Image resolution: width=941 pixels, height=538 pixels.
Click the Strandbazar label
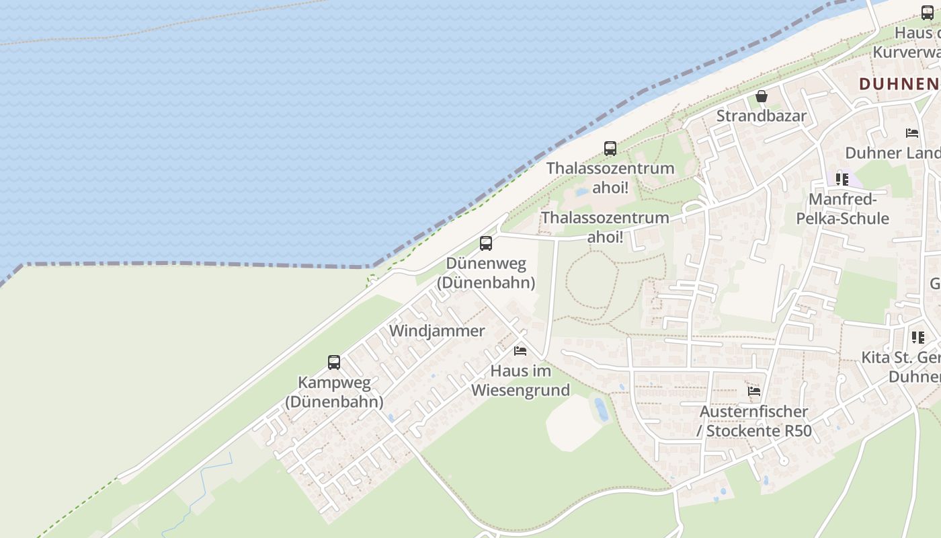pos(761,116)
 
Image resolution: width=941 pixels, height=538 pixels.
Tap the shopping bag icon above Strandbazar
pos(762,96)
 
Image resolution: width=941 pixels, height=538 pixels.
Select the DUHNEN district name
pos(899,83)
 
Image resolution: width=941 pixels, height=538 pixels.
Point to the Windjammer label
pos(437,331)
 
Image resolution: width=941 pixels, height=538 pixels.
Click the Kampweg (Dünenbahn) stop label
pos(334,393)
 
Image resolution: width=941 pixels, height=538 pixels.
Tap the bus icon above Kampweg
pos(334,362)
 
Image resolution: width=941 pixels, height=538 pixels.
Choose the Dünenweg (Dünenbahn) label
pos(486,273)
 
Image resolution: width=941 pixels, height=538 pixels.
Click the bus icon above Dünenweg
pos(486,243)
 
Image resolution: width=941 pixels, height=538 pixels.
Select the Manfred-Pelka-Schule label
pos(842,209)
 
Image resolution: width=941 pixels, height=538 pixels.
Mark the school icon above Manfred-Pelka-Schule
pos(842,180)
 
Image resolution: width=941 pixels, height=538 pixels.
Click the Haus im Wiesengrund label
pos(520,381)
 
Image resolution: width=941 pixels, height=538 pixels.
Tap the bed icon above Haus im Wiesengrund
pos(520,350)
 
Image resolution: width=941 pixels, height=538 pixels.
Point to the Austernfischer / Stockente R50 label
pos(754,421)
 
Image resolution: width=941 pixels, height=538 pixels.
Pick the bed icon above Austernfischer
pos(754,391)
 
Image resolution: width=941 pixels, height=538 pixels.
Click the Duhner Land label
pos(893,153)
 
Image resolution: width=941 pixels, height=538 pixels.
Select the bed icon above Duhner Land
pos(912,133)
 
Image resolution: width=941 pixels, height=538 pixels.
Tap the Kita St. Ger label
pos(901,357)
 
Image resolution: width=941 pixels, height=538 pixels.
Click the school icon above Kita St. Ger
pos(918,338)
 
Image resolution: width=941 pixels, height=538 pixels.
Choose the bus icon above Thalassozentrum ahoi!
pos(610,149)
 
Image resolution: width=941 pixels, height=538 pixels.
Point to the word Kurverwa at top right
pos(906,52)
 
